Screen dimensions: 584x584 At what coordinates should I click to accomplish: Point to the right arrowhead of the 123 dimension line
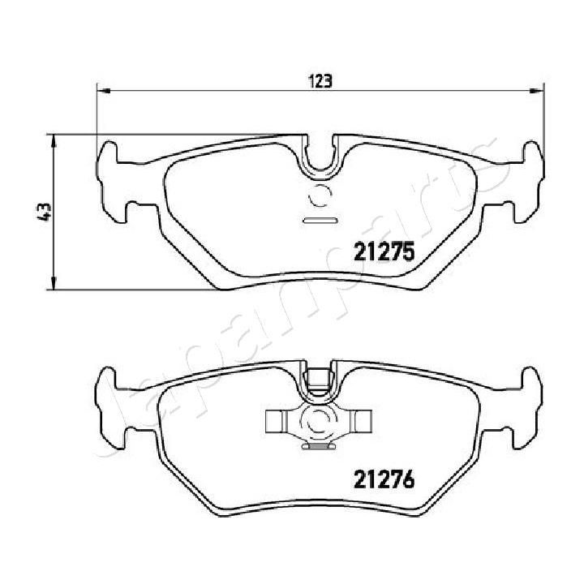[538, 90]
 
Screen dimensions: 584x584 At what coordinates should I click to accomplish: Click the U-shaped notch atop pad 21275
[321, 154]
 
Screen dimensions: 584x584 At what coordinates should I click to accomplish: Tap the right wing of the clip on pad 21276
[361, 420]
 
